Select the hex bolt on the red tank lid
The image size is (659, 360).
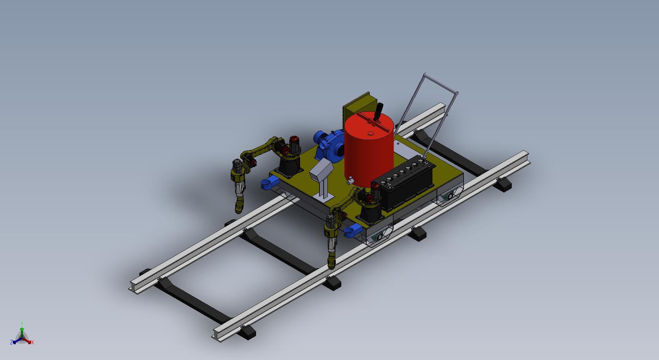(370, 133)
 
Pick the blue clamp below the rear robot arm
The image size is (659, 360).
(269, 182)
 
